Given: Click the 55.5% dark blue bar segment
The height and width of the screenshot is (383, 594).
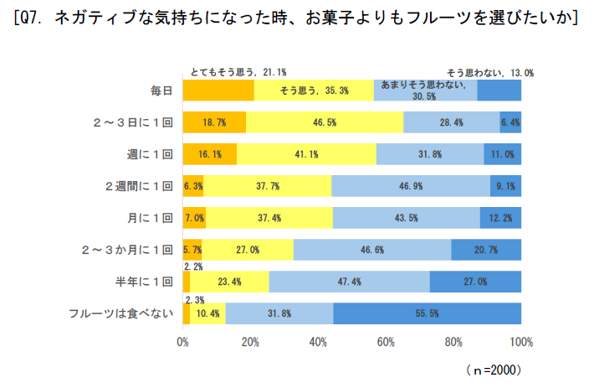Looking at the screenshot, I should (427, 313).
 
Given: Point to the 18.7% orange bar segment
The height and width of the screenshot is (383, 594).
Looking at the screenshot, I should (214, 122).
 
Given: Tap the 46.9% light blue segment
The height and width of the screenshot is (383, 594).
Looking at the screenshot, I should (410, 186).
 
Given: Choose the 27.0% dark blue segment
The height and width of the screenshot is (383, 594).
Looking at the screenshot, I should (475, 282).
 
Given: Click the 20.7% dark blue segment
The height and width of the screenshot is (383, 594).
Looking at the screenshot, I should (486, 250).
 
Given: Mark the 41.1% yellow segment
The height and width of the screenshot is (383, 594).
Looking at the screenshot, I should (307, 154).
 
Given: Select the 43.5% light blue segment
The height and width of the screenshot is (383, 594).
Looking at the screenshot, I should (407, 218).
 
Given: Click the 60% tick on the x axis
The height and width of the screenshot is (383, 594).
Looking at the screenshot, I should (386, 342).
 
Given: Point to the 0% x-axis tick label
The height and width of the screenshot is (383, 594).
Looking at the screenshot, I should (183, 342).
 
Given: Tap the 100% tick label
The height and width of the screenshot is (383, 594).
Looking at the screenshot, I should (520, 342).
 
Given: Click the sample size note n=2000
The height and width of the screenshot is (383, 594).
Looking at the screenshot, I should (494, 367).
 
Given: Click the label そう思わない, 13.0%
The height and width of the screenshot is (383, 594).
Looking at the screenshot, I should (489, 73).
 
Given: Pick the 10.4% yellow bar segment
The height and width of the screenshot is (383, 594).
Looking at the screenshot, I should (208, 313).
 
